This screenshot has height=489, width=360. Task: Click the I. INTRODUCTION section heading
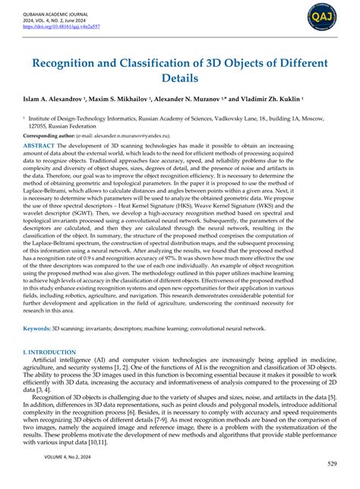click(x=49, y=352)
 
